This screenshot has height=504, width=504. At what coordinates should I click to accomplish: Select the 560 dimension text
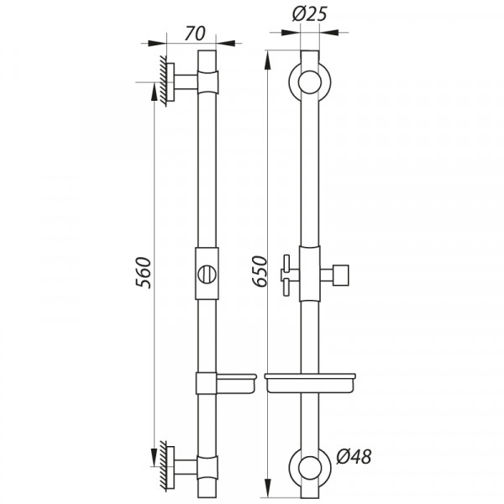click(x=144, y=271)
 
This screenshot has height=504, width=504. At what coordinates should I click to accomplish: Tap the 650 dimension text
click(x=260, y=271)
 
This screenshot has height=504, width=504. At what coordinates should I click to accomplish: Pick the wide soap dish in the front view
click(x=309, y=382)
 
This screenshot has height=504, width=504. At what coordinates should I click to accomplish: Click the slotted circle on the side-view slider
click(x=207, y=274)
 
